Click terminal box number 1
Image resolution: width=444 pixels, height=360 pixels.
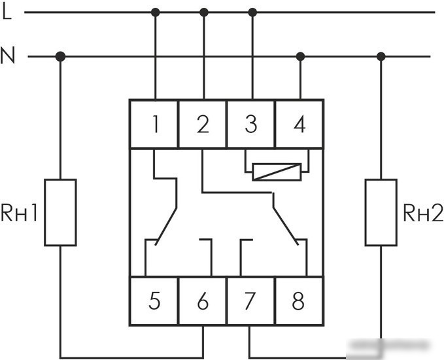tap(154, 124)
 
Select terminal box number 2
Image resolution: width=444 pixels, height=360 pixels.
tap(203, 124)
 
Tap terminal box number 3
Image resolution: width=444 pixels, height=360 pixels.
tap(251, 124)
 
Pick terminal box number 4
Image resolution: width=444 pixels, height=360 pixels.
tap(299, 124)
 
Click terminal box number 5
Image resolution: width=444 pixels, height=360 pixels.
tap(154, 300)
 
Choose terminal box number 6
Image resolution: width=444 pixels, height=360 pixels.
tap(203, 300)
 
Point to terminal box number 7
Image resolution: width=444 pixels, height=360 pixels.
tap(251, 300)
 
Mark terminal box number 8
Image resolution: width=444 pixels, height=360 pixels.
tap(299, 300)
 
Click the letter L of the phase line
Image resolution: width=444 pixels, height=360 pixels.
tap(7, 12)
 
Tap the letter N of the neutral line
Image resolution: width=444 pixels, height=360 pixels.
tap(8, 55)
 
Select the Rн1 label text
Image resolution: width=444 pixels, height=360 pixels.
tap(19, 213)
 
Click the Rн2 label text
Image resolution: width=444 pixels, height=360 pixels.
tap(423, 213)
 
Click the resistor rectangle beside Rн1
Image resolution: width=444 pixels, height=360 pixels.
tap(60, 212)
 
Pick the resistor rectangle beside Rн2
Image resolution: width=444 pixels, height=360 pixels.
tap(381, 212)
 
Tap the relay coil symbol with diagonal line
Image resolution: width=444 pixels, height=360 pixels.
tap(277, 171)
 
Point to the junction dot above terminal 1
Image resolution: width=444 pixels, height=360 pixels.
tap(156, 12)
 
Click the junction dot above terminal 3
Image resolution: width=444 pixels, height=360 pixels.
tap(252, 12)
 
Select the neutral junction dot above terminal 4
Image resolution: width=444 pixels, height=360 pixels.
tap(300, 57)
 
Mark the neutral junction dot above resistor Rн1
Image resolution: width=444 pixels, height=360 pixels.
tap(60, 56)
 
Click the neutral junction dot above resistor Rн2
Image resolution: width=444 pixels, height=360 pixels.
tap(381, 57)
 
